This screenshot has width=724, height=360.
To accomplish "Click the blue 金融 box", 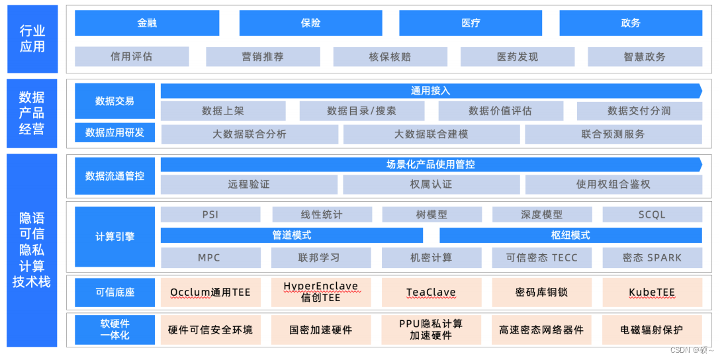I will point(147,23).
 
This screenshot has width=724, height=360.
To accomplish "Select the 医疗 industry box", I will point(471,23).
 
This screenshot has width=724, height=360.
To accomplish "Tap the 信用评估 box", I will point(132,57).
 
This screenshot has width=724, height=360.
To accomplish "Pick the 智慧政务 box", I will point(645,57).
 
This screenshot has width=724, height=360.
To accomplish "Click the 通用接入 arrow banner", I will point(431,91).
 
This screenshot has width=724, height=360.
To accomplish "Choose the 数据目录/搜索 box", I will point(361,111).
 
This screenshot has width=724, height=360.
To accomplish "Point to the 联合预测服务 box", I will point(613,134).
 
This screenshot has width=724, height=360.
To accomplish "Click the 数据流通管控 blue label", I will point(114,176).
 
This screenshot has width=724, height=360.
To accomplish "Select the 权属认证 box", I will point(431,185).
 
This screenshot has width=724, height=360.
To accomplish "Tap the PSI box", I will point(210,215).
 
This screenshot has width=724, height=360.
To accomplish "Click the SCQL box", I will point(652,215).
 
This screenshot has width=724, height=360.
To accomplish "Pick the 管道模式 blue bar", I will point(292,236).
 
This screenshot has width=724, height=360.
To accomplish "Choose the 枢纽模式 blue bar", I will point(570,236).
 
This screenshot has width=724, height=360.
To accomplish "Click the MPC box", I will point(210,258).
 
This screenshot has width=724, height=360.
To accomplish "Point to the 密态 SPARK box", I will point(652,258).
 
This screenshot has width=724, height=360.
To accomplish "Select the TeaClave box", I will point(431,292).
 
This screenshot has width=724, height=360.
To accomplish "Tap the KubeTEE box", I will point(652,292).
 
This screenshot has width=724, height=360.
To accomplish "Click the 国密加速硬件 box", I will point(321,330).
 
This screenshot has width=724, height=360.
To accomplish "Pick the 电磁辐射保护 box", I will point(652,330).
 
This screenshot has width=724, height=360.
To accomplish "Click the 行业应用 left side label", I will point(32,39).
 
